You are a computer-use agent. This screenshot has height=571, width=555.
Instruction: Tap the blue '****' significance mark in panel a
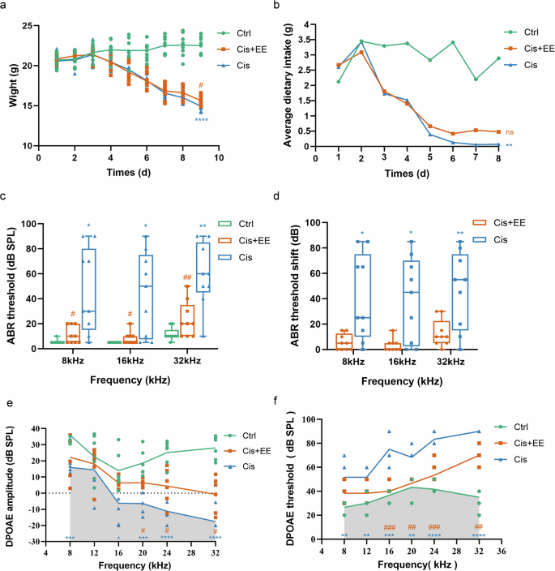point(201,121)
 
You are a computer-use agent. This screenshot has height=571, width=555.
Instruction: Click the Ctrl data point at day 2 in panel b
point(361,41)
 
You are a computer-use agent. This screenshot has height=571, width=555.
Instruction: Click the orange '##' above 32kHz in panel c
point(186,277)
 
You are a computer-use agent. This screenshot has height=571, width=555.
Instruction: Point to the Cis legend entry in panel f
point(519,459)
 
